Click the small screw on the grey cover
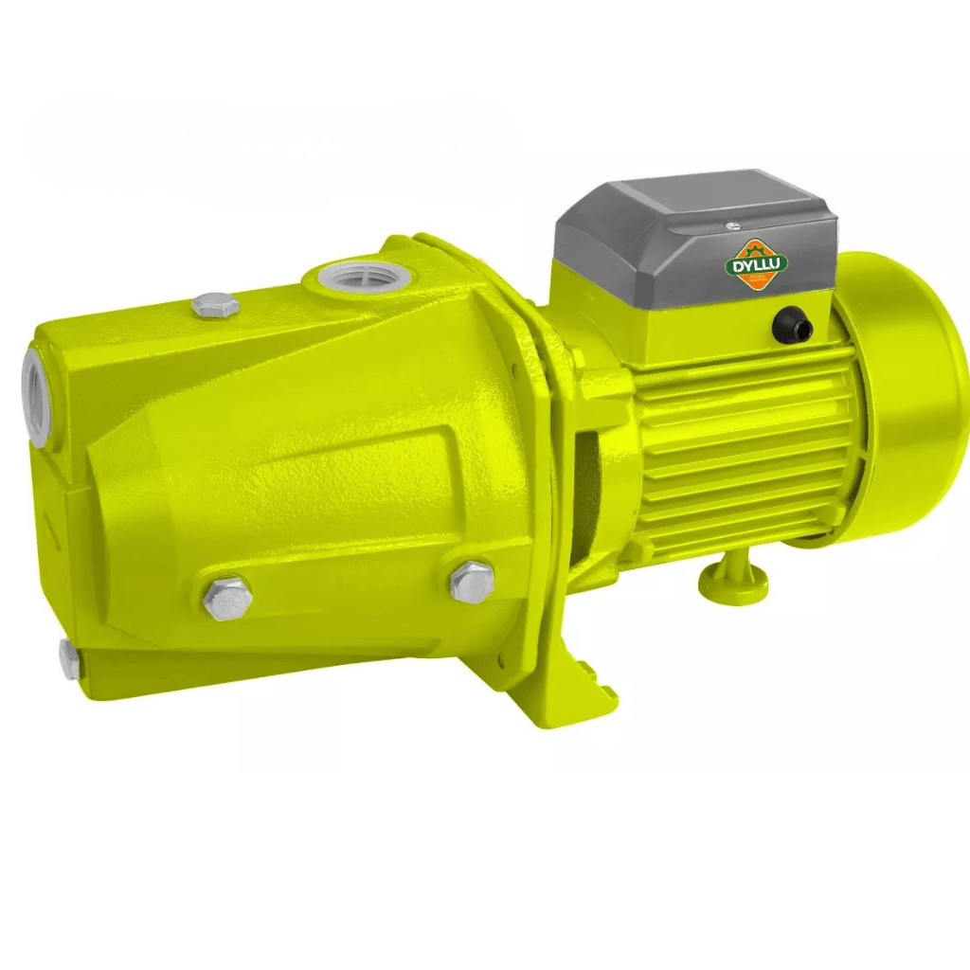coord(731,225)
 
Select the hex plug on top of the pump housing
coord(214,306)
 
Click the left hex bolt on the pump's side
coord(227,597)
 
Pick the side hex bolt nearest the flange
coord(471,580)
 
